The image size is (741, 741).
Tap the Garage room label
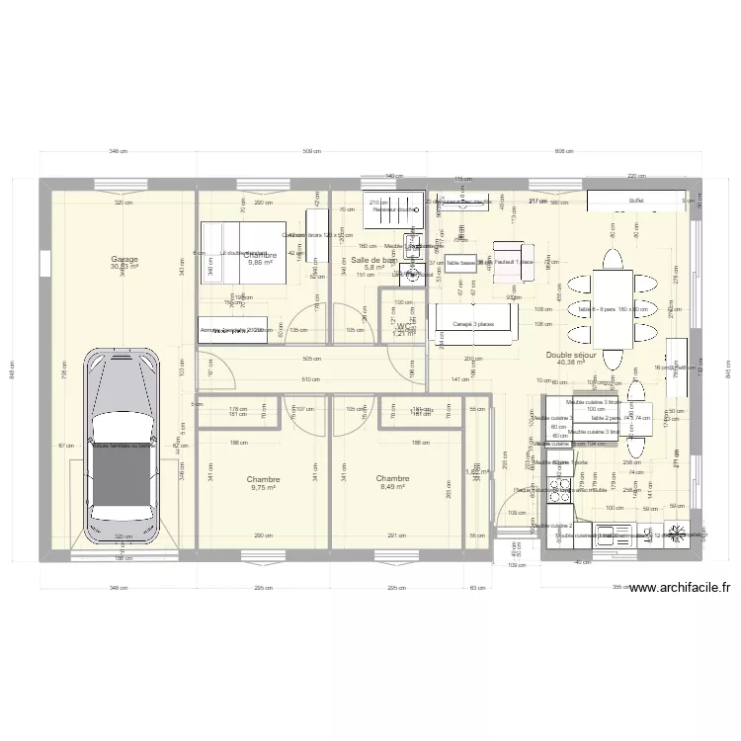[x=125, y=260]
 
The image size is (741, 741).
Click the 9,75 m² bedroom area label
[x=263, y=487]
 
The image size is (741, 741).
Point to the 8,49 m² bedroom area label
[x=392, y=486]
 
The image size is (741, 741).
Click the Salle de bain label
[x=374, y=260]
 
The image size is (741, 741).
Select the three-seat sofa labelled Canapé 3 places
[x=474, y=323]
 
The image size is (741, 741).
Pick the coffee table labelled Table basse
[x=461, y=264]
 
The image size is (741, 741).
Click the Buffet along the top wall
[x=634, y=201]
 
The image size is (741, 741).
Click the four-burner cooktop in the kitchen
[x=677, y=535]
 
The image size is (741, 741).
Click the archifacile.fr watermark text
[x=678, y=588]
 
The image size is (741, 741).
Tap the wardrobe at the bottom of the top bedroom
[x=233, y=331]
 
